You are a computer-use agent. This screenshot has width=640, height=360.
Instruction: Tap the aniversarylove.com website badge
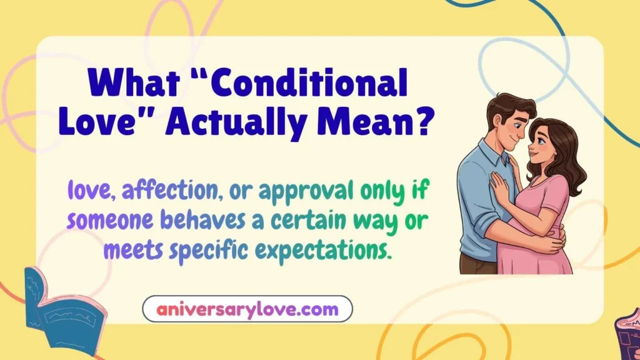coord(247,309)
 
